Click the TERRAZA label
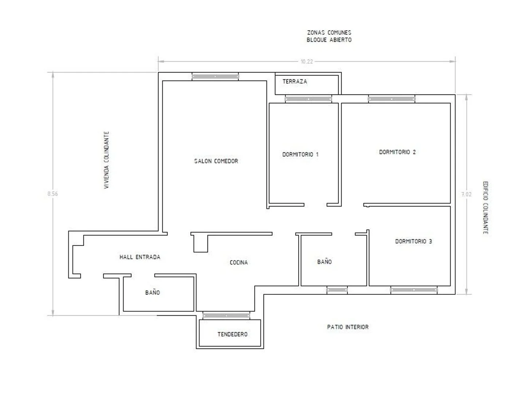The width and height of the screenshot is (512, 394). pos(295,82)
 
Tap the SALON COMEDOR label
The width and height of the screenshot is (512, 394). pos(216,161)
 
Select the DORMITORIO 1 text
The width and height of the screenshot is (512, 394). pos(300,155)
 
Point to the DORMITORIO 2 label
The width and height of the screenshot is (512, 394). pos(397,152)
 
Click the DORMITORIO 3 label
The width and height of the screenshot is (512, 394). pos(414,242)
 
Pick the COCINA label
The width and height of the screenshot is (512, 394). pos(239,263)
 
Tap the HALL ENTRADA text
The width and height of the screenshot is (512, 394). pos(140,257)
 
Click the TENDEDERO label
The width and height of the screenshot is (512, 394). pos(232,334)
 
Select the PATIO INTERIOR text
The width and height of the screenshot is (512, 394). pos(348,327)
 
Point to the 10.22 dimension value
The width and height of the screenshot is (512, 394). pos(307,62)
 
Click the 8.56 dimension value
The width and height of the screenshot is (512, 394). pos(52,194)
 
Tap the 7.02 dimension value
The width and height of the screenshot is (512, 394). pos(466,194)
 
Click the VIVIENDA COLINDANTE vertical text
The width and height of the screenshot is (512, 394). pos(106,160)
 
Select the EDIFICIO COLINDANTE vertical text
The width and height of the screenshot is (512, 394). pos(485,208)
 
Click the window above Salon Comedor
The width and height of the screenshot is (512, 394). pos(215,77)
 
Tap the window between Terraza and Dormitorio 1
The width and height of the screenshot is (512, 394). pos(308,99)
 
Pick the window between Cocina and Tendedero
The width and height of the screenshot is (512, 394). pos(226,316)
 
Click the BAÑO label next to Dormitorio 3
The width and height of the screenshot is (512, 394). pos(324,262)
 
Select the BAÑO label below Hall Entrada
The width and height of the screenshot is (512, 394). pos(153,293)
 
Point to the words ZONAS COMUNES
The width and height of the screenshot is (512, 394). pos(329,32)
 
